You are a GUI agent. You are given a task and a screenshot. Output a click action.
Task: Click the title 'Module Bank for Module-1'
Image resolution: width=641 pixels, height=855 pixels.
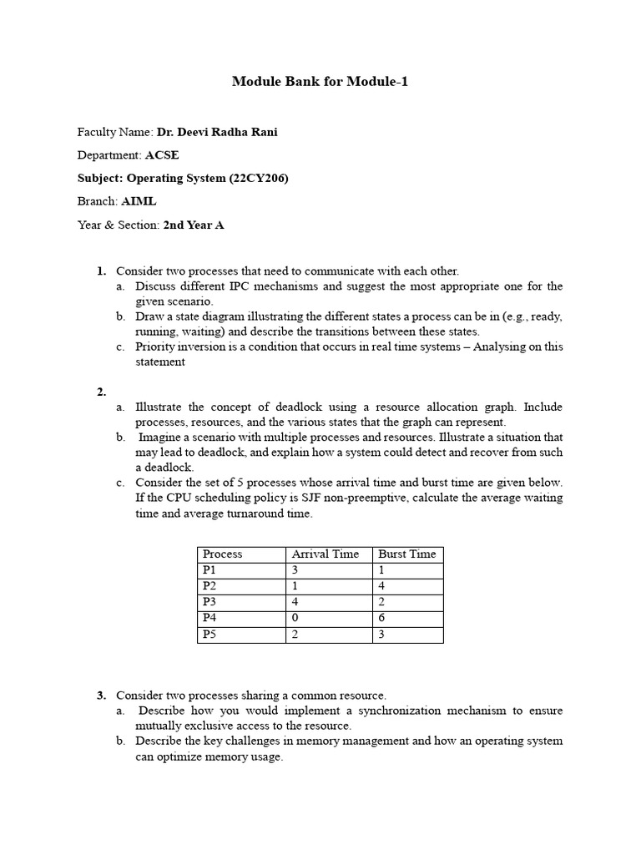pyautogui.click(x=320, y=82)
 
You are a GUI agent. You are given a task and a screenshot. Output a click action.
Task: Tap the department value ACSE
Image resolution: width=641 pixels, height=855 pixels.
pyautogui.click(x=162, y=155)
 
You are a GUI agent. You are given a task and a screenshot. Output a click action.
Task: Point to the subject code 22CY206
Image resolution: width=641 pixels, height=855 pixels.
pyautogui.click(x=258, y=178)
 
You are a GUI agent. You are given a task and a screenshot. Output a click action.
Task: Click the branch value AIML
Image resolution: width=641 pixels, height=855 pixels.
pyautogui.click(x=139, y=201)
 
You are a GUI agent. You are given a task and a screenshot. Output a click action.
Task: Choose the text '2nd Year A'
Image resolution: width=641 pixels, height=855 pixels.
pyautogui.click(x=194, y=225)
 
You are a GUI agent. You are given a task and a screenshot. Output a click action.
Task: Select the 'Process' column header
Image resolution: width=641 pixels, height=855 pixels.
pyautogui.click(x=223, y=554)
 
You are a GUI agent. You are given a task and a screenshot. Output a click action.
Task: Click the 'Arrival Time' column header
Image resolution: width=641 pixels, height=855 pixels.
pyautogui.click(x=325, y=554)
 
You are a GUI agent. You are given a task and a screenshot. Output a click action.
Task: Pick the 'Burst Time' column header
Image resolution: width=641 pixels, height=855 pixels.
pyautogui.click(x=407, y=554)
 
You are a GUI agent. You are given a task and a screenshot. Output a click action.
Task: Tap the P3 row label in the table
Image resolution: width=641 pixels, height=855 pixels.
pyautogui.click(x=209, y=602)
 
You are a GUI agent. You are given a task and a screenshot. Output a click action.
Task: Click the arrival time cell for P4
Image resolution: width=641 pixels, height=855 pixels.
pyautogui.click(x=295, y=618)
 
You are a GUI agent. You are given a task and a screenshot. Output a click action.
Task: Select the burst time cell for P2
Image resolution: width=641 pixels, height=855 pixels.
pyautogui.click(x=382, y=586)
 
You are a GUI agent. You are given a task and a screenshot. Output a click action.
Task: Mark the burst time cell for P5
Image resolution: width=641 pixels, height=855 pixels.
pyautogui.click(x=382, y=635)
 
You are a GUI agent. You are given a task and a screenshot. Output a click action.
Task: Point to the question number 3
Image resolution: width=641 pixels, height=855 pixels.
pyautogui.click(x=100, y=696)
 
